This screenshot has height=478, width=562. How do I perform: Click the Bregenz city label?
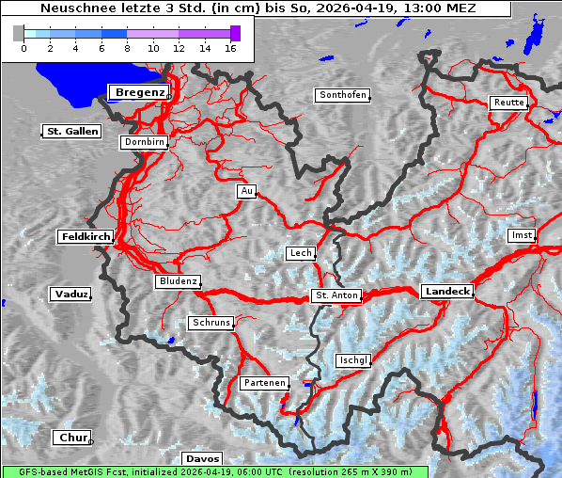pyautogui.click(x=140, y=92)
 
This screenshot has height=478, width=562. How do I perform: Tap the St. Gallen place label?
pyautogui.click(x=71, y=132)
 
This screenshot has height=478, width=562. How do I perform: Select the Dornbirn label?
pyautogui.click(x=144, y=142)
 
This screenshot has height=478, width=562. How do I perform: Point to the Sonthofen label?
pyautogui.click(x=342, y=95)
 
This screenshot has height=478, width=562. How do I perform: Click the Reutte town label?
pyautogui.click(x=508, y=103)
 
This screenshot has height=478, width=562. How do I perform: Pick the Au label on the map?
pyautogui.click(x=246, y=191)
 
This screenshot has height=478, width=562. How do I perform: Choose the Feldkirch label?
pyautogui.click(x=86, y=237)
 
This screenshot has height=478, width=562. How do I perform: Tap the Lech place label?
pyautogui.click(x=301, y=253)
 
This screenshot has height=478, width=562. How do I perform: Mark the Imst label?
pyautogui.click(x=520, y=234)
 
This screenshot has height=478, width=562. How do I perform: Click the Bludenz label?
pyautogui.click(x=178, y=281)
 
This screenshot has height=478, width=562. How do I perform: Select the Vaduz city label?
pyautogui.click(x=70, y=295)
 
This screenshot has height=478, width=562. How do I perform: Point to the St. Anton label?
pyautogui.click(x=336, y=295)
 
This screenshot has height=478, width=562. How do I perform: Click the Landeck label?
pyautogui.click(x=446, y=292)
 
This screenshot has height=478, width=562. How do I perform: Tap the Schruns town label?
pyautogui.click(x=211, y=323)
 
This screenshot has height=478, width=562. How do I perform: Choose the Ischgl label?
pyautogui.click(x=354, y=360)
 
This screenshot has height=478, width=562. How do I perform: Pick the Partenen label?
pyautogui.click(x=264, y=383)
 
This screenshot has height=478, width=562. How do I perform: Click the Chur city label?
pyautogui.click(x=71, y=438)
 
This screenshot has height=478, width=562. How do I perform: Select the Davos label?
pyautogui.click(x=202, y=458)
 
